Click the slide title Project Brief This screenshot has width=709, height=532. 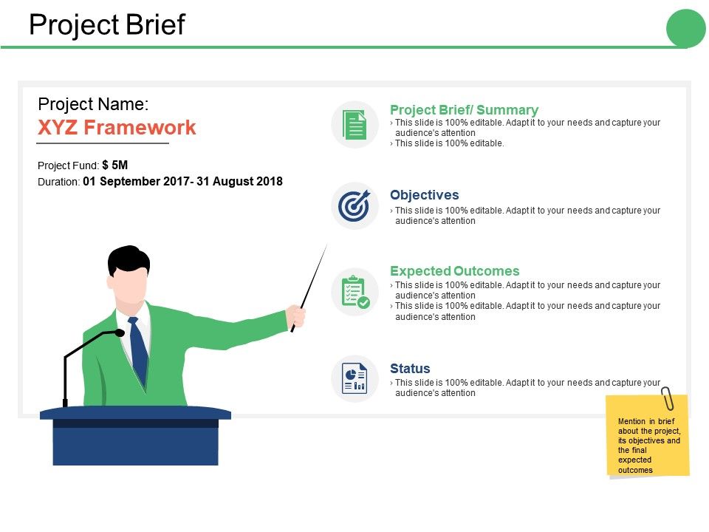click(107, 26)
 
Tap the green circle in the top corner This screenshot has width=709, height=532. click(686, 29)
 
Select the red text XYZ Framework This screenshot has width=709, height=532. click(117, 128)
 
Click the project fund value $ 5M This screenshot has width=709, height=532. click(115, 166)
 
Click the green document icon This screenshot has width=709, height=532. click(354, 125)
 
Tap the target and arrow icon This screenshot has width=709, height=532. click(354, 206)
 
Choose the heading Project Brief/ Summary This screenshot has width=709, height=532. click(464, 110)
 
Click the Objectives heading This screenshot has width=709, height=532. click(424, 195)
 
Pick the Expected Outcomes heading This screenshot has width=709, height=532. click(454, 271)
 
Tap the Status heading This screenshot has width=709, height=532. click(410, 368)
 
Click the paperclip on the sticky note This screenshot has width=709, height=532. click(668, 398)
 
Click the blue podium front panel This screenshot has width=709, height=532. click(135, 446)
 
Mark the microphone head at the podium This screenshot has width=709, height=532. click(119, 333)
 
